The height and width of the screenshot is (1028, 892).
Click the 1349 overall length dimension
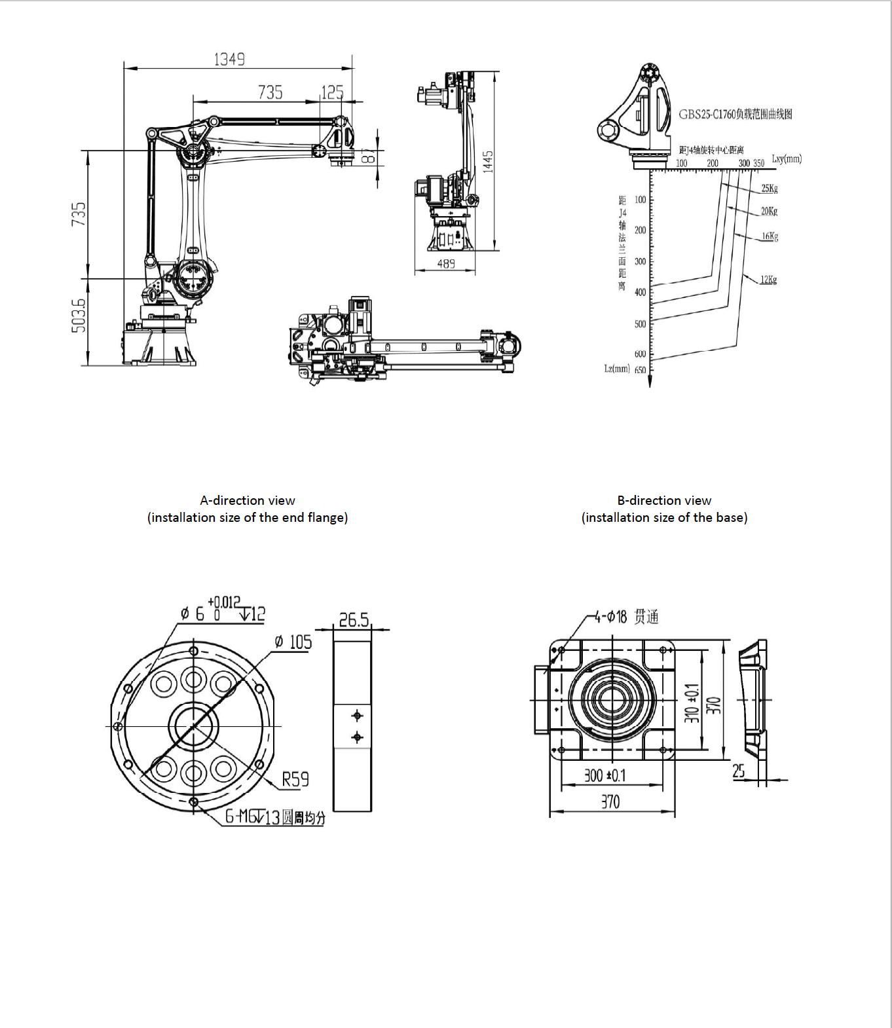(229, 60)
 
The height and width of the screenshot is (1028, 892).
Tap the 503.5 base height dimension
(78, 316)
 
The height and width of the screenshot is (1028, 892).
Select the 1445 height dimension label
(488, 162)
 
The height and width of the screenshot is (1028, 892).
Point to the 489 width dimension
(446, 264)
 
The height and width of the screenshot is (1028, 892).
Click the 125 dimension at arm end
(332, 92)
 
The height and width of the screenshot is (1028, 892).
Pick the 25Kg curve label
(770, 189)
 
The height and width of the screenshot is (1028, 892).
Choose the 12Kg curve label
(768, 280)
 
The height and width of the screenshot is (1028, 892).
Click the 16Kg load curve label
(770, 236)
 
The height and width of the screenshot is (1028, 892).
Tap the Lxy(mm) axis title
(787, 158)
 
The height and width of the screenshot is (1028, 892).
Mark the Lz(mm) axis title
(616, 369)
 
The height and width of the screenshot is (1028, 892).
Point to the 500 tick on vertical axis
(640, 323)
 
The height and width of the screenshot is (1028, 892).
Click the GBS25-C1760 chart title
(735, 114)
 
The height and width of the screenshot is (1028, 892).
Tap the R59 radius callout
(295, 779)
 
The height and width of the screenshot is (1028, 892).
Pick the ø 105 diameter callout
(293, 642)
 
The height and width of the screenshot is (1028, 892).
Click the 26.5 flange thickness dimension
(354, 619)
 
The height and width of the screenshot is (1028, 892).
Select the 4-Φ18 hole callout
(626, 617)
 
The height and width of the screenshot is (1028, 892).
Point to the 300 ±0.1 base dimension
(604, 775)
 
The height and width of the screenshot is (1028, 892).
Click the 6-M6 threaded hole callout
(275, 817)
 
